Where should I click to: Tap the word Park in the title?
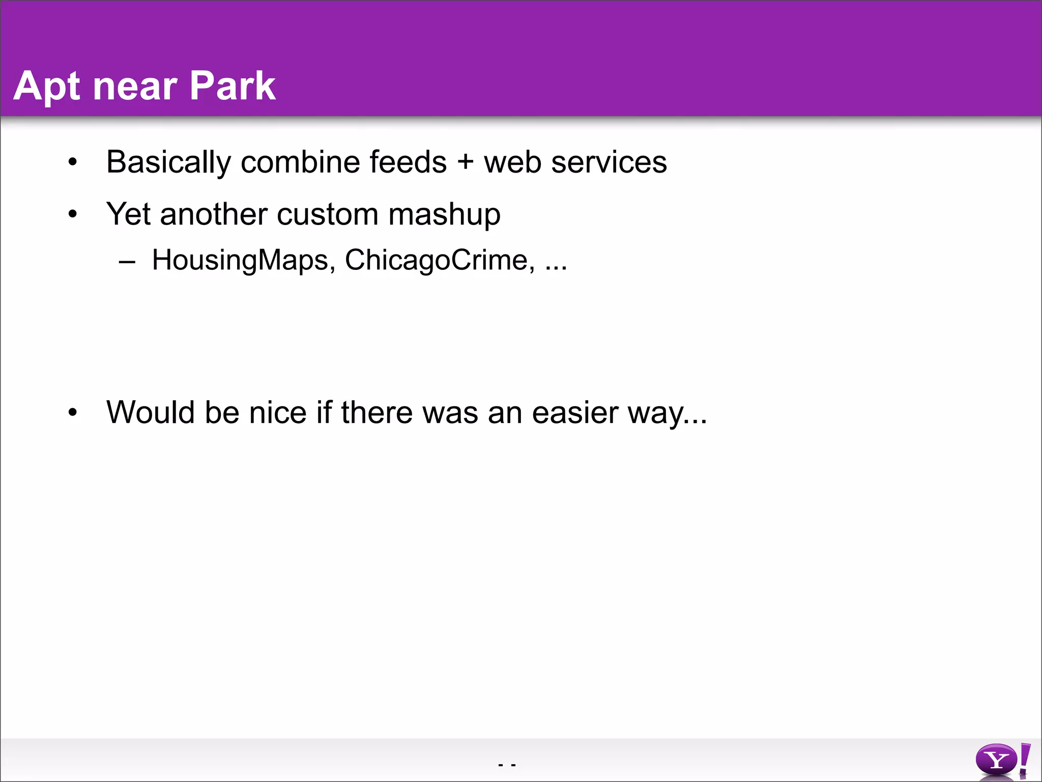click(x=232, y=86)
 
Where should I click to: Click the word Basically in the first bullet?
click(x=168, y=162)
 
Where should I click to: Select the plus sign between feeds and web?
click(x=465, y=162)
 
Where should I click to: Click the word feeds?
click(x=408, y=162)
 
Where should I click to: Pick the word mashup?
click(x=444, y=214)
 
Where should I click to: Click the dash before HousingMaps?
click(x=127, y=262)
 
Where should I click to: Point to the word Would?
click(x=150, y=412)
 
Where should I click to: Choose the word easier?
click(x=575, y=412)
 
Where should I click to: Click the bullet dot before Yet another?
click(x=73, y=214)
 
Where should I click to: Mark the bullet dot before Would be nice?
click(x=73, y=412)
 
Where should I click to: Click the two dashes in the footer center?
click(x=507, y=765)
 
